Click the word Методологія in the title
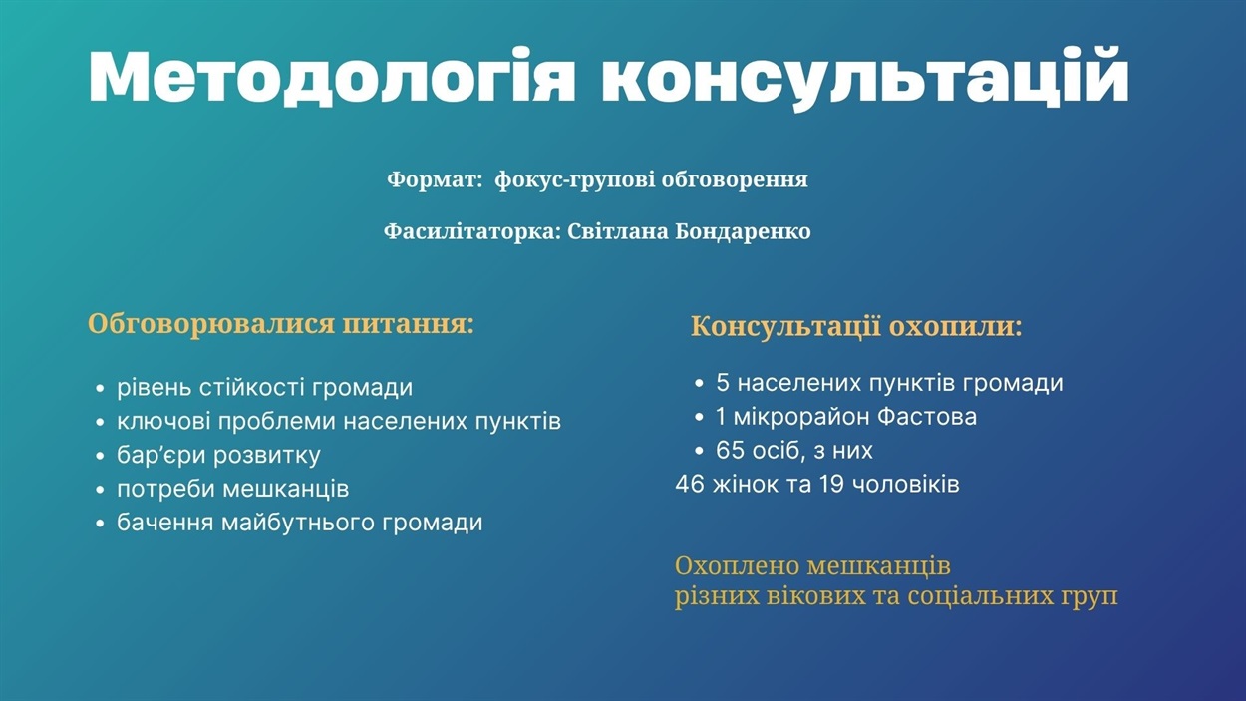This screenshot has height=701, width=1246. pyautogui.click(x=332, y=77)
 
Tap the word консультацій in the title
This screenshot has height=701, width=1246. pyautogui.click(x=864, y=79)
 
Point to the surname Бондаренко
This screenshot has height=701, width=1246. pyautogui.click(x=744, y=231)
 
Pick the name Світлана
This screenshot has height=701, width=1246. pyautogui.click(x=618, y=231)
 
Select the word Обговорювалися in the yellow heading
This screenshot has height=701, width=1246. pyautogui.click(x=211, y=324)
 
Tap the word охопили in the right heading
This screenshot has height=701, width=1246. pyautogui.click(x=955, y=327)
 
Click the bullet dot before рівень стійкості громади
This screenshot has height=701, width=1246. pyautogui.click(x=100, y=388)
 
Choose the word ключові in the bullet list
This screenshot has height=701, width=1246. pyautogui.click(x=163, y=421)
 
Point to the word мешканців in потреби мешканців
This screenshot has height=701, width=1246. pyautogui.click(x=286, y=489)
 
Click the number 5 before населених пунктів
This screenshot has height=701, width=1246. pyautogui.click(x=723, y=383)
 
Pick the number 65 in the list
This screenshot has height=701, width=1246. pyautogui.click(x=730, y=450)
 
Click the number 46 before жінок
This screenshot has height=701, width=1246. pyautogui.click(x=690, y=484)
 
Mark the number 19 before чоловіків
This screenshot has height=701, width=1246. pyautogui.click(x=831, y=484)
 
